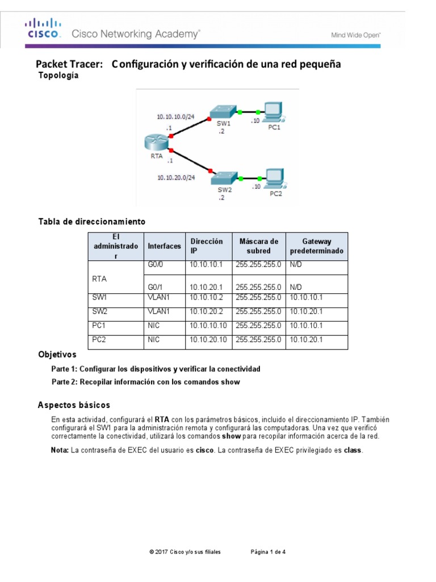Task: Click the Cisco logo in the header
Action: click(x=41, y=28)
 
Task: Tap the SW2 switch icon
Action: click(x=223, y=178)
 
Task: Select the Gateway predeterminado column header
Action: click(x=316, y=246)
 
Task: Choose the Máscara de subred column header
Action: click(x=258, y=246)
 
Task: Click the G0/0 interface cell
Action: click(x=156, y=265)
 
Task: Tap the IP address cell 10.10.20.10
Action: click(x=208, y=339)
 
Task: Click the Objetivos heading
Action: click(x=57, y=354)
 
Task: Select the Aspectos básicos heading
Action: click(x=74, y=405)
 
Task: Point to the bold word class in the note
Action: click(x=352, y=450)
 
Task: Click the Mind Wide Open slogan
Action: click(x=355, y=35)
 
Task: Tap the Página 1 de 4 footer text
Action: click(x=268, y=551)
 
